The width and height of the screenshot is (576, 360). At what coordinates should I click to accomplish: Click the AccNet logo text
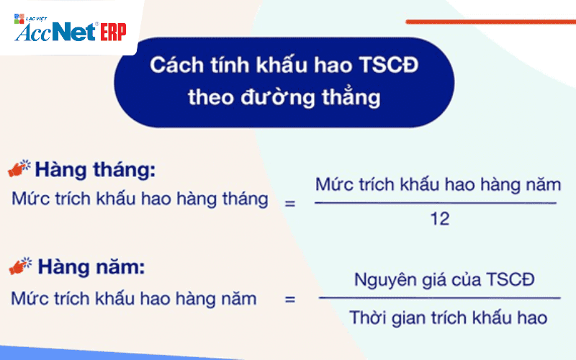[x=56, y=32]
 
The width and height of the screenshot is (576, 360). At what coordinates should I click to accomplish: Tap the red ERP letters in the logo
[x=113, y=32]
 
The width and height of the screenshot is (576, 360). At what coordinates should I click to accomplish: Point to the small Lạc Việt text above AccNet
[x=36, y=19]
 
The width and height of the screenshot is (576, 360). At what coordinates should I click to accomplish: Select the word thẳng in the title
[x=351, y=96]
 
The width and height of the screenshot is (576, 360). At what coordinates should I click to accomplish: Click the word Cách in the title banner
[x=176, y=65]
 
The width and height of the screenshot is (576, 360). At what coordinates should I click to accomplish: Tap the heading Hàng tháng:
[x=95, y=170]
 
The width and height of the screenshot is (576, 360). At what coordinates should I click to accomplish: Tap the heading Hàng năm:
[x=91, y=266]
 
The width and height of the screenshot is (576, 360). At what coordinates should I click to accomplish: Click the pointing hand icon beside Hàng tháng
[x=19, y=168]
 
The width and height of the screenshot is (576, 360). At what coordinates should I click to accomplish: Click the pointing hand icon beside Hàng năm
[x=20, y=266]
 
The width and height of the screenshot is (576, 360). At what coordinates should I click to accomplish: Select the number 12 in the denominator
[x=439, y=219]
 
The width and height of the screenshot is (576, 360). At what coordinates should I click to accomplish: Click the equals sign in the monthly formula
[x=290, y=203]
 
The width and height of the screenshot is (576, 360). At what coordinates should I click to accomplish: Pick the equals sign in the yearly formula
[x=290, y=300]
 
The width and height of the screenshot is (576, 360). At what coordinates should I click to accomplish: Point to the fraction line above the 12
[x=436, y=203]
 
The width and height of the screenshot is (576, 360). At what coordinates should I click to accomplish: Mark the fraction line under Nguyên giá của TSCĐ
[x=440, y=298]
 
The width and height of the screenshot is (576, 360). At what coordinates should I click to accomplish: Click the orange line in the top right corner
[x=491, y=22]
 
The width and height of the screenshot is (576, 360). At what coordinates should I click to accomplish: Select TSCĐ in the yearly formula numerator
[x=510, y=279]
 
